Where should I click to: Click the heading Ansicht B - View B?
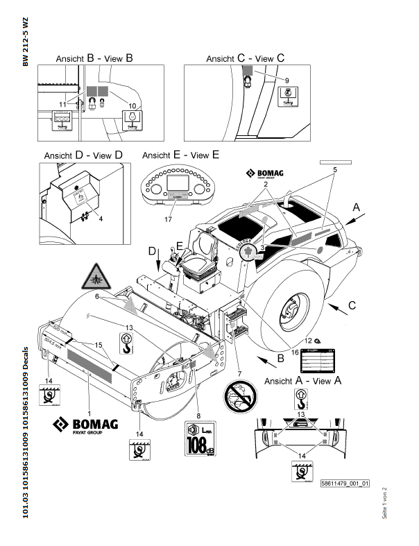click(x=94, y=60)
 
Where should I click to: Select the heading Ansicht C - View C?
click(x=246, y=60)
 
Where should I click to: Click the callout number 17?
click(x=168, y=220)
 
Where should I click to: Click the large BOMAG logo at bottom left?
click(x=85, y=425)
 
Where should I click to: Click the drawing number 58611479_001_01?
click(x=345, y=483)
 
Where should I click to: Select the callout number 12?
click(x=307, y=340)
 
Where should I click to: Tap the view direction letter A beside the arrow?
click(x=357, y=207)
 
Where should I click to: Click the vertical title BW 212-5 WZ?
click(x=26, y=41)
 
